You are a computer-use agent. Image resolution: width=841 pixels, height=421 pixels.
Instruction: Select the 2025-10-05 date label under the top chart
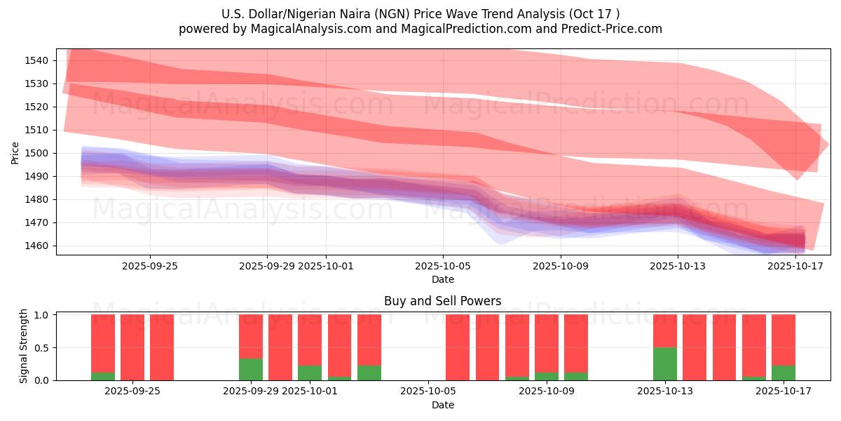click(x=442, y=266)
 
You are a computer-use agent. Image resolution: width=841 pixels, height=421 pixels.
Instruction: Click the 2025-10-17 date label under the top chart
click(x=795, y=266)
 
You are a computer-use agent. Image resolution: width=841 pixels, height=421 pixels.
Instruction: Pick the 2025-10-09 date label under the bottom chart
click(x=545, y=391)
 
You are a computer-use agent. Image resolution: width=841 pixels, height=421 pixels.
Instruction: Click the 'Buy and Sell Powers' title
click(x=442, y=301)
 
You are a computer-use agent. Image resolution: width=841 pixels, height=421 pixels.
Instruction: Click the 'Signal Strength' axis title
click(x=24, y=346)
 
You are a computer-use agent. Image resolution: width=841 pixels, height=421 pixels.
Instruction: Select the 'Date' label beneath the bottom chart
click(x=442, y=405)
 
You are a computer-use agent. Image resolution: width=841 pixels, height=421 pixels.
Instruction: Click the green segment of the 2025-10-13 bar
click(x=665, y=363)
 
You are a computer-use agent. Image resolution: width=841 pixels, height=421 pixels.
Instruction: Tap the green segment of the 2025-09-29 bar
click(x=251, y=369)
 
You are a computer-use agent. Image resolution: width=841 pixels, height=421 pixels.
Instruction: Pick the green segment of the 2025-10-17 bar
click(x=784, y=373)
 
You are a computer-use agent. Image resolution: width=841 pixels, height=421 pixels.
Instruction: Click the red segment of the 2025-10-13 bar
click(x=665, y=330)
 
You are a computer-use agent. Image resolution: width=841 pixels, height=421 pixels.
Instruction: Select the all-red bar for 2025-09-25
click(x=162, y=347)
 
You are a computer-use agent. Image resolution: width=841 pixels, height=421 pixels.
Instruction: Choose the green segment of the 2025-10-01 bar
click(x=310, y=373)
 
